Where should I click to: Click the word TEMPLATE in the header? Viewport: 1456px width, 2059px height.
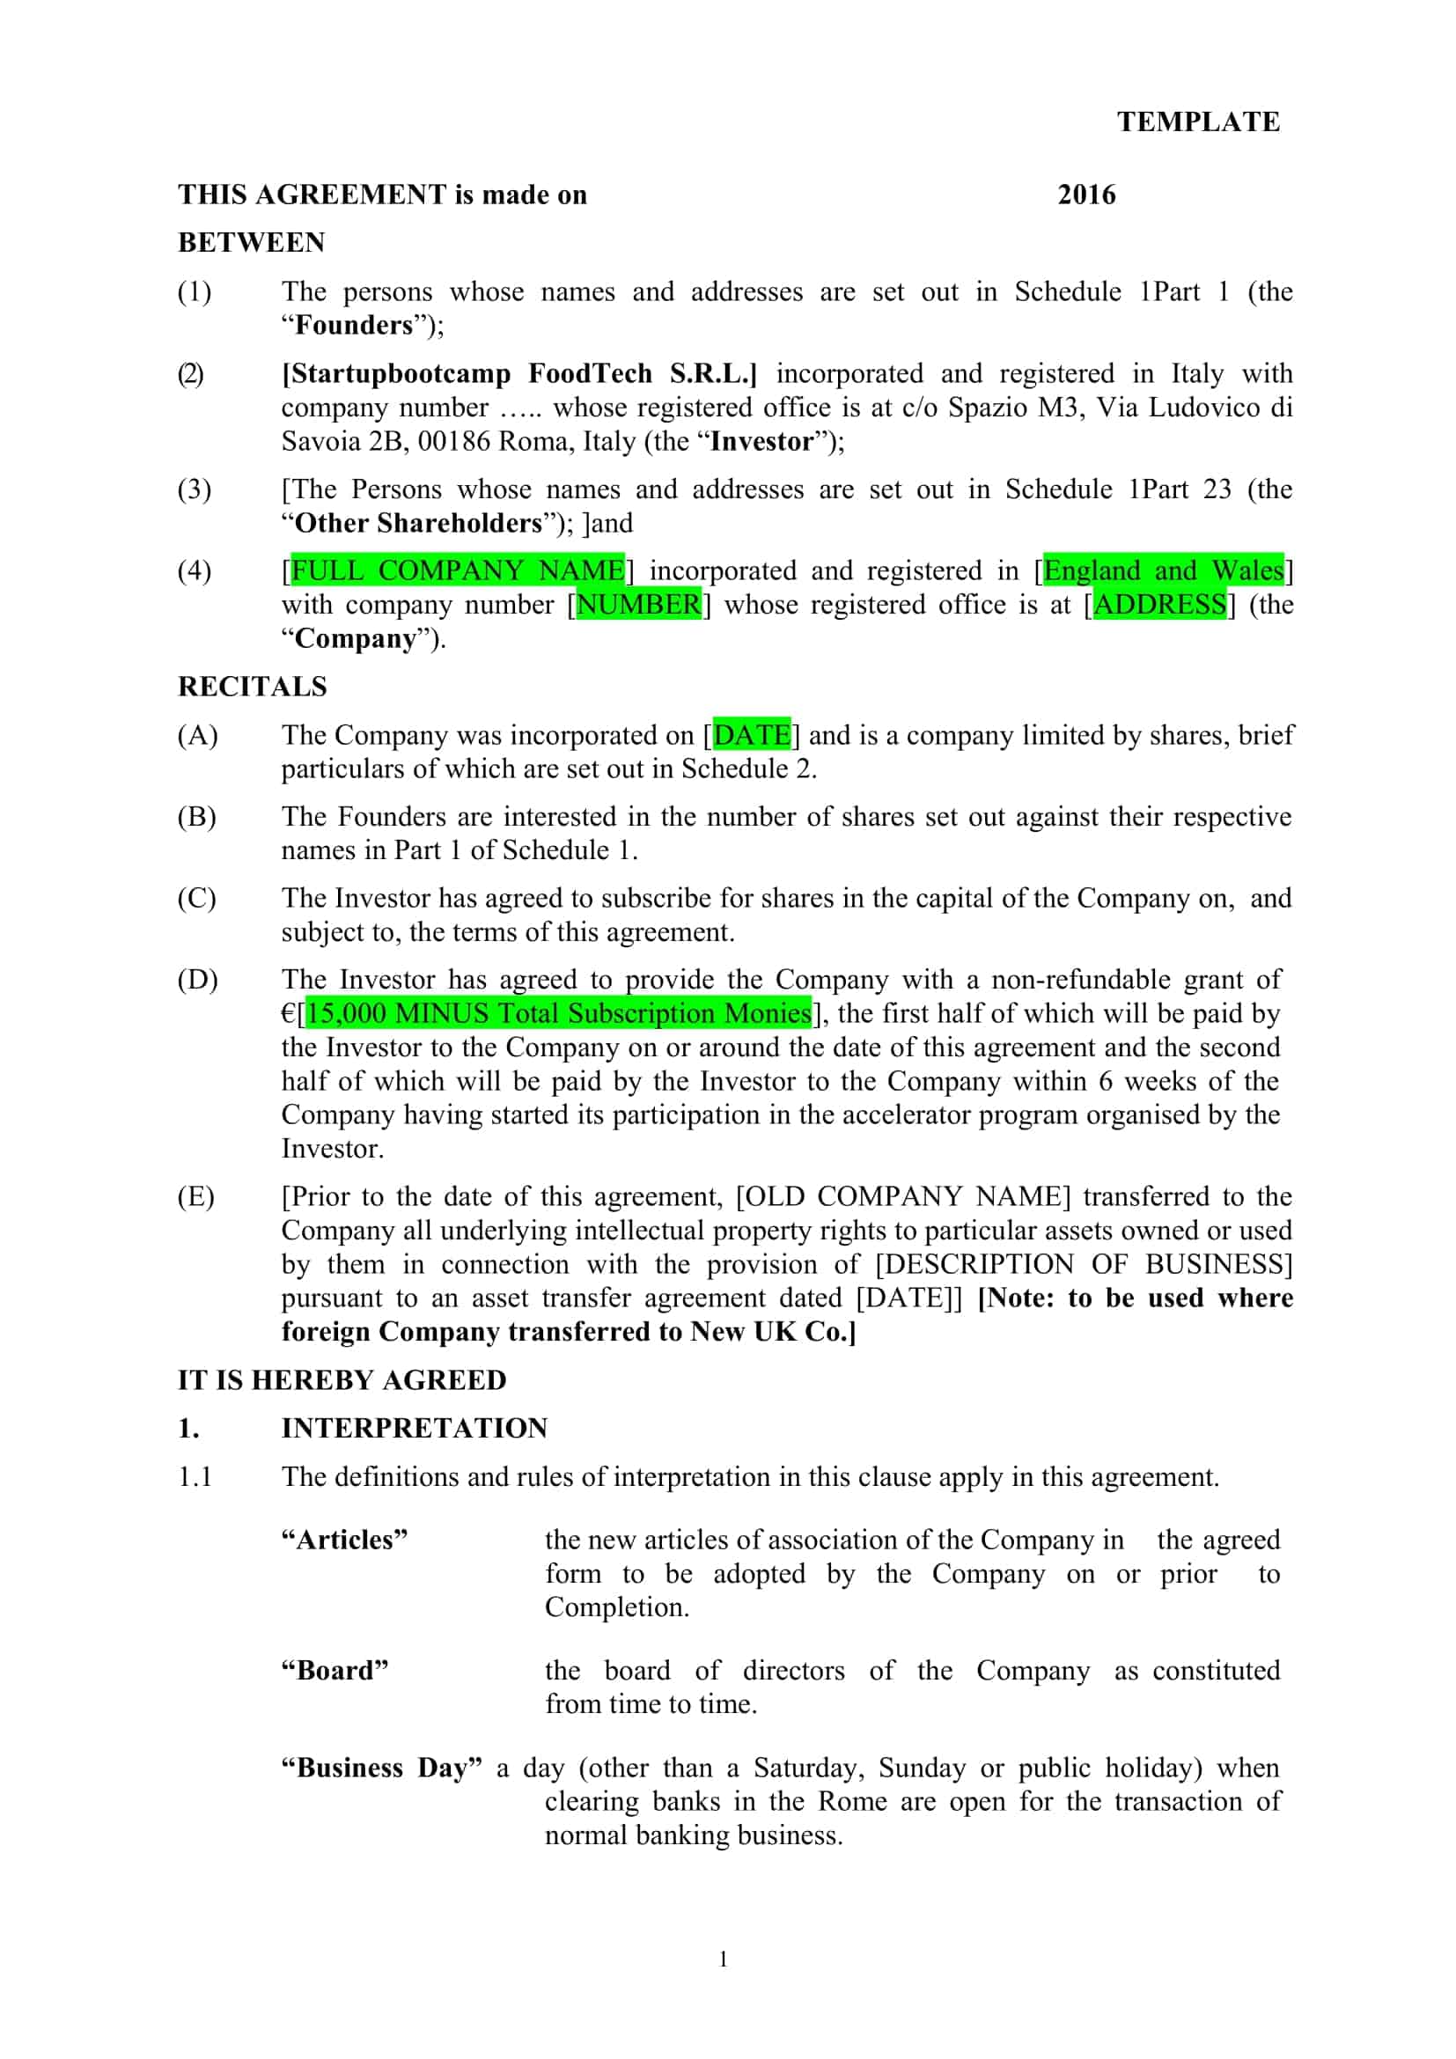[x=1198, y=122]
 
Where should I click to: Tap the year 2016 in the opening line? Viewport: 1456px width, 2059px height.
[x=1085, y=195]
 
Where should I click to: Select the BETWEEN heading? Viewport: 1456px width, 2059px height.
[x=251, y=242]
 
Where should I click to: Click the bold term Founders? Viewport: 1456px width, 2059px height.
[x=354, y=325]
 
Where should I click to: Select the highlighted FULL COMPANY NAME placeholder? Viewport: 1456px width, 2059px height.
[x=457, y=570]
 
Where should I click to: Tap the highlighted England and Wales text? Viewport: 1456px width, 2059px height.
[x=1163, y=570]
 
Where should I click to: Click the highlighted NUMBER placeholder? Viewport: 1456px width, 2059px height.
[x=637, y=605]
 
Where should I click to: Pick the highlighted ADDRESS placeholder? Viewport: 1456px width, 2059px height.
[x=1159, y=605]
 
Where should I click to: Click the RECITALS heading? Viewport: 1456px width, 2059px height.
[x=252, y=686]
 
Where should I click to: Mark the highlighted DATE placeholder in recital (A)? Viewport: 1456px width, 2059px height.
[x=751, y=735]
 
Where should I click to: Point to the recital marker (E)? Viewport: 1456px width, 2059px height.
[x=196, y=1196]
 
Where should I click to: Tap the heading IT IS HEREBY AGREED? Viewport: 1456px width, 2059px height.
[x=342, y=1379]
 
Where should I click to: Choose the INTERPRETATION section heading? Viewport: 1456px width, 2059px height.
[x=415, y=1428]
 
